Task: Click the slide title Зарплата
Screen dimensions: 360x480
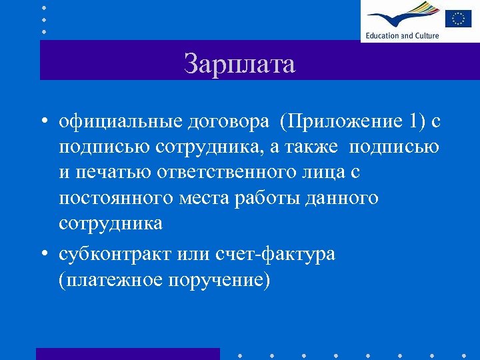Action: (x=239, y=65)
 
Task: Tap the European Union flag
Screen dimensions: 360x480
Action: (x=458, y=18)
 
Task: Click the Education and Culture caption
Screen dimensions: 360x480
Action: (x=401, y=35)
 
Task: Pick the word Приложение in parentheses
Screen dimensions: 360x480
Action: (x=340, y=123)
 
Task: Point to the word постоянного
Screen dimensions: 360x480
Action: (x=116, y=198)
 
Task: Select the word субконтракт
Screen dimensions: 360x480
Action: (x=116, y=255)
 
